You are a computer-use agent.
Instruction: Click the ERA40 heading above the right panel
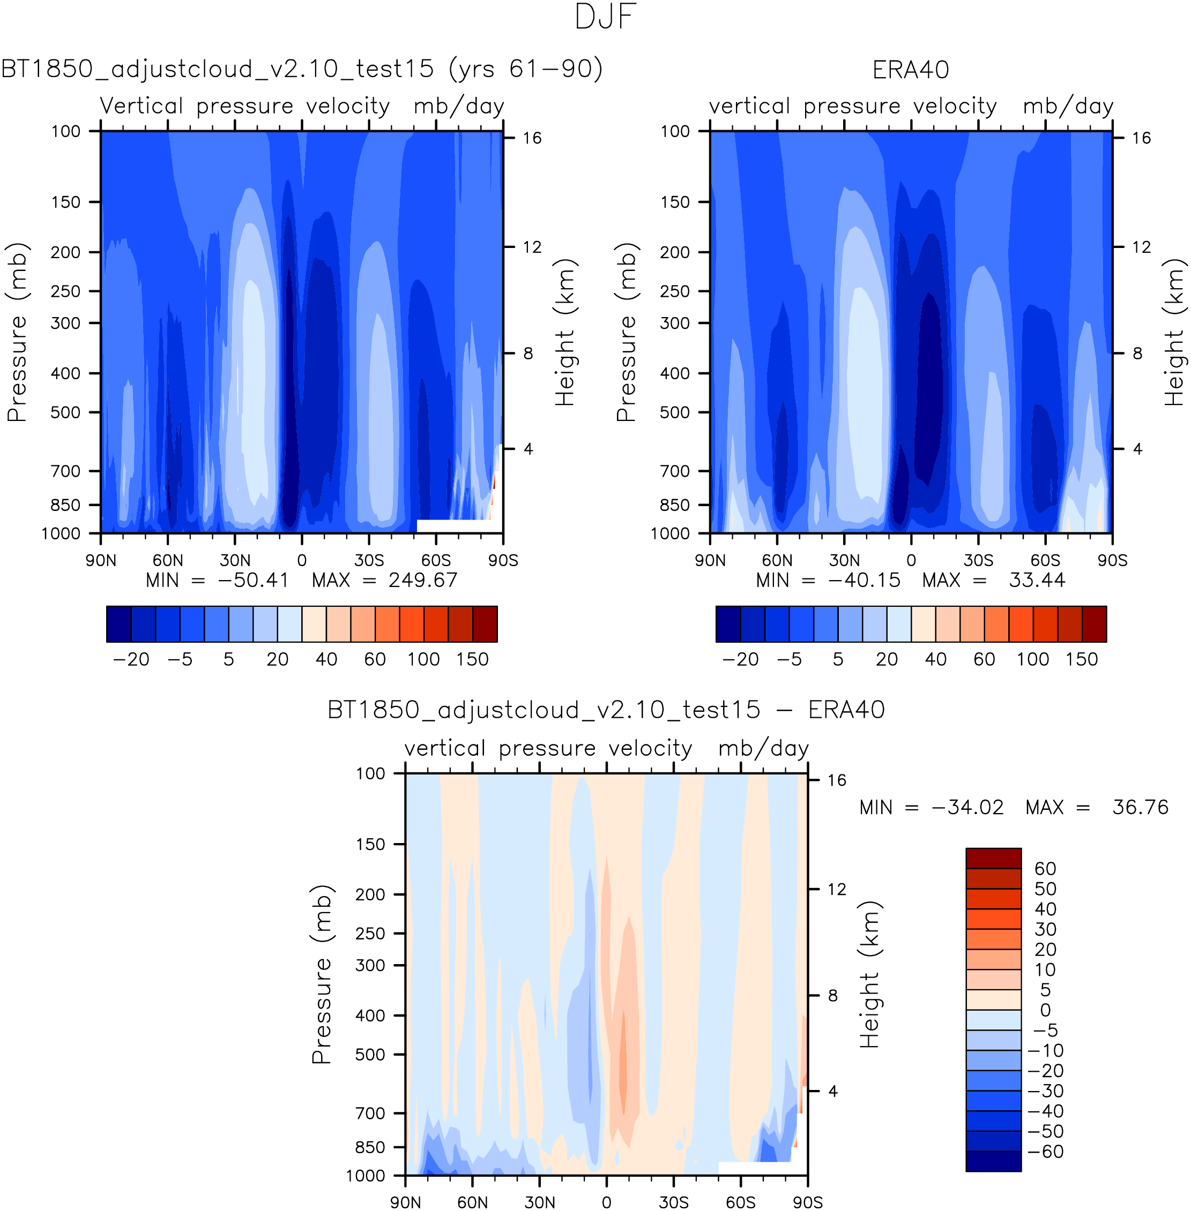pos(910,70)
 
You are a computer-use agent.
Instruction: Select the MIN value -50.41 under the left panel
pos(252,580)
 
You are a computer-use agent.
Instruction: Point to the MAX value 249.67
pos(423,580)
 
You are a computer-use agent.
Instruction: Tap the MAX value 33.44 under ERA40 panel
pos(1037,580)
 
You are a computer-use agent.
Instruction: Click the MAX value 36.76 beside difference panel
pos(1140,807)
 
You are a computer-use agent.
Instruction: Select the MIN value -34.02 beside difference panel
pos(967,807)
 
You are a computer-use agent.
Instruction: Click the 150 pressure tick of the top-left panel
pos(66,202)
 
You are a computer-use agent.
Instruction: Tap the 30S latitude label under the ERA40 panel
pos(978,560)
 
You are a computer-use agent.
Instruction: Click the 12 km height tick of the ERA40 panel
pos(1141,247)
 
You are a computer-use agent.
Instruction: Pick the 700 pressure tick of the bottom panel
pos(370,1113)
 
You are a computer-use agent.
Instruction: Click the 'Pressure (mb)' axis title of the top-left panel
pos(18,332)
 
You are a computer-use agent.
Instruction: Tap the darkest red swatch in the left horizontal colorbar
pos(485,624)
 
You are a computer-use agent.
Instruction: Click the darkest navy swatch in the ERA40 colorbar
pos(727,624)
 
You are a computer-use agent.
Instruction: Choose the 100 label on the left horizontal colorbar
pos(423,659)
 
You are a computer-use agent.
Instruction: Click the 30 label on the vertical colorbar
pos(1045,929)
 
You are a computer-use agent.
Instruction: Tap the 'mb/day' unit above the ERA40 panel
pos(1068,106)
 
